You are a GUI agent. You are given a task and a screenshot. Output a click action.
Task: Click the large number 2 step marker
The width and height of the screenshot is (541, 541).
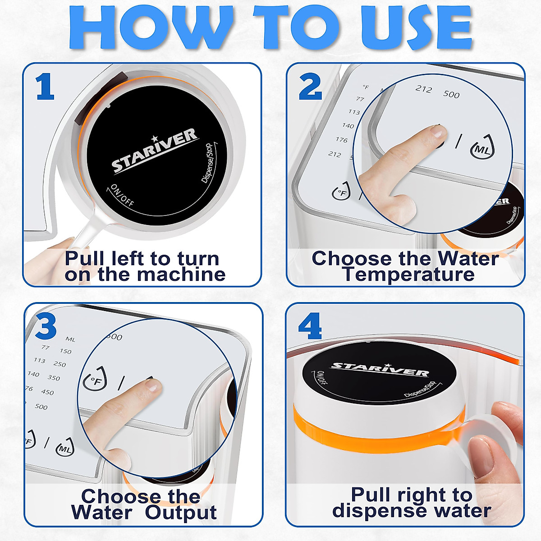[310, 87]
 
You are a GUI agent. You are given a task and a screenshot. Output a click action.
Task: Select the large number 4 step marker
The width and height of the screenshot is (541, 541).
[310, 326]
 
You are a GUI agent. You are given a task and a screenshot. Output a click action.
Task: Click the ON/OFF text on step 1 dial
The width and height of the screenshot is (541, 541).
[122, 195]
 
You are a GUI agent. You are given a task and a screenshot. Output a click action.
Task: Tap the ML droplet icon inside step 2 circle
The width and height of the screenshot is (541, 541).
[481, 147]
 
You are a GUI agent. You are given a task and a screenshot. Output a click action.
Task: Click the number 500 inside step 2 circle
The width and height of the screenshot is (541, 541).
[451, 94]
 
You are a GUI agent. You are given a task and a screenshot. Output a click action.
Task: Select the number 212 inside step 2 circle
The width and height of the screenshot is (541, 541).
[423, 89]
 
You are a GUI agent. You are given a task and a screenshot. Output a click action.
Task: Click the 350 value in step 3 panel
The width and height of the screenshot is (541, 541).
[54, 378]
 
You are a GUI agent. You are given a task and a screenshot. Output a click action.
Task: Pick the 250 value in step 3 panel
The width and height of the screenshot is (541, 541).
[60, 364]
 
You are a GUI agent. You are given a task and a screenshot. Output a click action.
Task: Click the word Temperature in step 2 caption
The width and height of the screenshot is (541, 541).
[408, 274]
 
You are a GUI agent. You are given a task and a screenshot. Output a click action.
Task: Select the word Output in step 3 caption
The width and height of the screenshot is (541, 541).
[181, 513]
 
